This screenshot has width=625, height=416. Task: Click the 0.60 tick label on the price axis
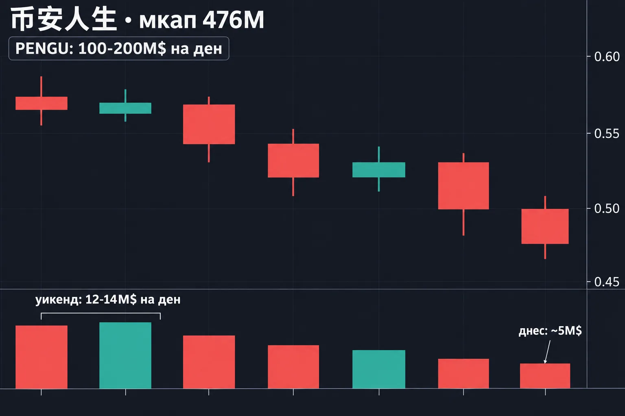point(607,57)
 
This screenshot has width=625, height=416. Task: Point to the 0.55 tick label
point(607,134)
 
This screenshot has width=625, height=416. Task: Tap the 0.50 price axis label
point(607,209)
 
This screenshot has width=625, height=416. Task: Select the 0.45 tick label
point(607,282)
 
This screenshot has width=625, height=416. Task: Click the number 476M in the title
point(233,20)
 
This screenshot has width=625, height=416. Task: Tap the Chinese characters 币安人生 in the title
point(63,19)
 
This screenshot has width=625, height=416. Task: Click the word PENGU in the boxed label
point(44,48)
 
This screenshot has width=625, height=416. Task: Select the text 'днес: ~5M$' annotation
point(550,331)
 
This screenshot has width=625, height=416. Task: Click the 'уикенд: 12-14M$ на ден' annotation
point(108,300)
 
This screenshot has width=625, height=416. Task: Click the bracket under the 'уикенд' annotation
point(101,313)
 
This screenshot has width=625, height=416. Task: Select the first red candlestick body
point(42,103)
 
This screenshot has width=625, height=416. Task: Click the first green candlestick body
point(125,108)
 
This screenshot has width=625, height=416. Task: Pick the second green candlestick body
point(379,170)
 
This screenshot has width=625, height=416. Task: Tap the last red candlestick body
point(545,226)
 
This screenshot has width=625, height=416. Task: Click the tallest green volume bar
point(125,355)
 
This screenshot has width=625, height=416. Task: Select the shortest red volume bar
point(545,376)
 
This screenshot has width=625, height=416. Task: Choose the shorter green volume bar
point(379,369)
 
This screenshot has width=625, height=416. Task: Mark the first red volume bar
point(42,357)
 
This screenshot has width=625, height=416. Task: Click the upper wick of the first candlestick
point(41,87)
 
